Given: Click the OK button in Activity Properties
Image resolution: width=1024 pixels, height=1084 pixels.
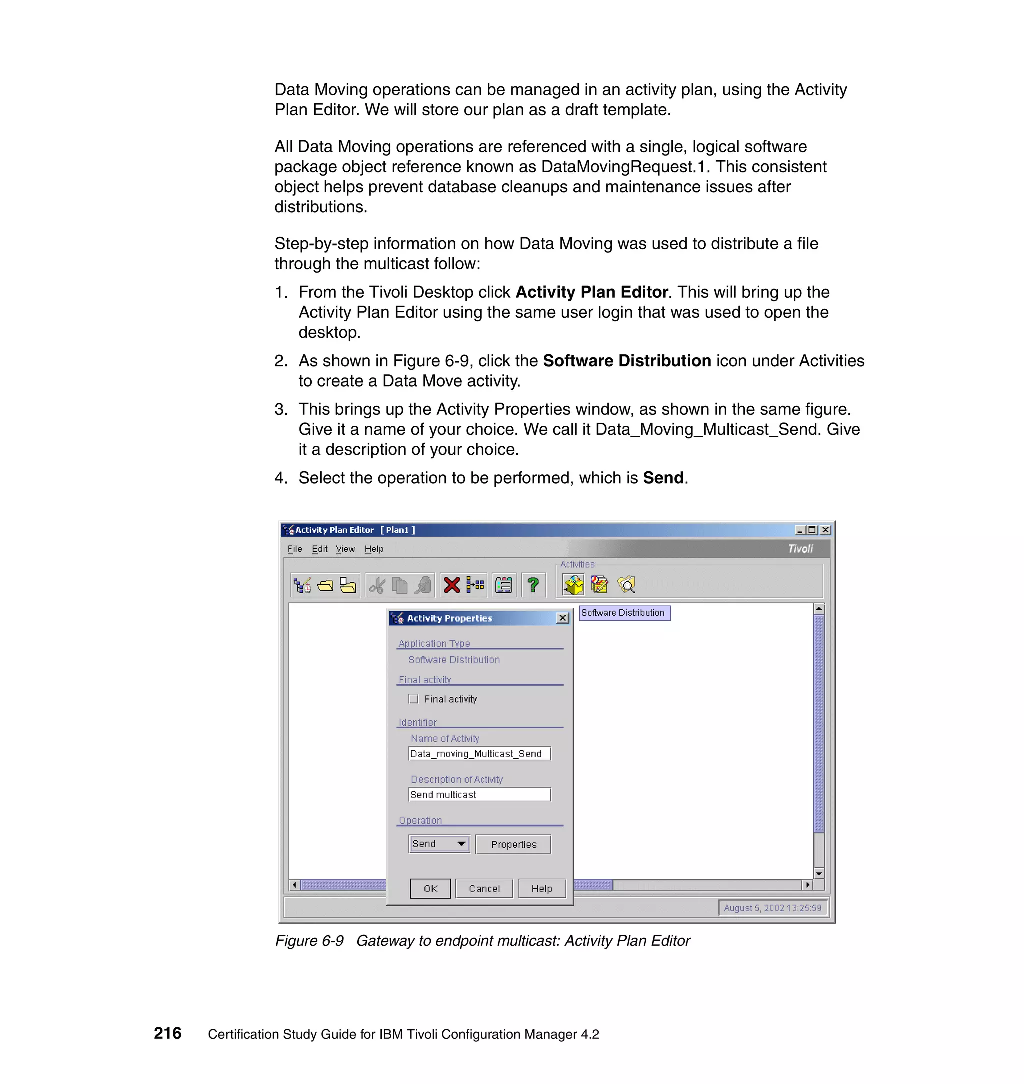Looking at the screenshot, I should (430, 888).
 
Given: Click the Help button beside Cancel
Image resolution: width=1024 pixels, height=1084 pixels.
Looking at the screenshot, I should (541, 888).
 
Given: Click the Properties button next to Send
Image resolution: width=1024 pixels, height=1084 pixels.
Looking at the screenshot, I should (513, 844).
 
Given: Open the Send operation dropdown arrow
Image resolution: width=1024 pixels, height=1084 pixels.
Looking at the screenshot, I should (461, 844).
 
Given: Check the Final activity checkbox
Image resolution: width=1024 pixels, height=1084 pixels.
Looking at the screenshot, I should (413, 699).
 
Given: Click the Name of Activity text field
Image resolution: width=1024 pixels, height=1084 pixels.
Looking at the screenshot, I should (479, 754).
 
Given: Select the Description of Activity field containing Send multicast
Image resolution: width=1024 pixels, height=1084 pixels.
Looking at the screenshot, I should (479, 794).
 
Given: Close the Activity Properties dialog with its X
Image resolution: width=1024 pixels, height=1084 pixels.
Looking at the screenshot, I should (563, 618).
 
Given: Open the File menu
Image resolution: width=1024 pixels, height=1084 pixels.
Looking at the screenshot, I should (295, 549).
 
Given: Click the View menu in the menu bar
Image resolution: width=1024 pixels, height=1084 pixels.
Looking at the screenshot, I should (345, 549).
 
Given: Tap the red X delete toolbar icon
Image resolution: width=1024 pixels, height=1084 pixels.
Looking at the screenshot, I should (452, 585).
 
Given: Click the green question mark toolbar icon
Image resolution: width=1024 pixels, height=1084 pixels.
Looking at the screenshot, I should (533, 585).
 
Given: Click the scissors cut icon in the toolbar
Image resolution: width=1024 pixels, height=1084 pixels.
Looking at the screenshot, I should (377, 585).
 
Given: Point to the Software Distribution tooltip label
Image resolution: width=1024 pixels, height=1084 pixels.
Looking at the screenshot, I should (623, 613).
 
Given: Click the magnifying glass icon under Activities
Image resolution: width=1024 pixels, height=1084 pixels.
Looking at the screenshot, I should (626, 585).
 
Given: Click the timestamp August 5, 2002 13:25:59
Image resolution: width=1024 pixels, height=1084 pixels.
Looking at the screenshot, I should (772, 908).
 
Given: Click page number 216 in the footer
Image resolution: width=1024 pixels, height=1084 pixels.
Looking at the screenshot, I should (167, 1033).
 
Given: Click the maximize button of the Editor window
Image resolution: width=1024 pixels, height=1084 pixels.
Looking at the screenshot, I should (812, 530).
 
